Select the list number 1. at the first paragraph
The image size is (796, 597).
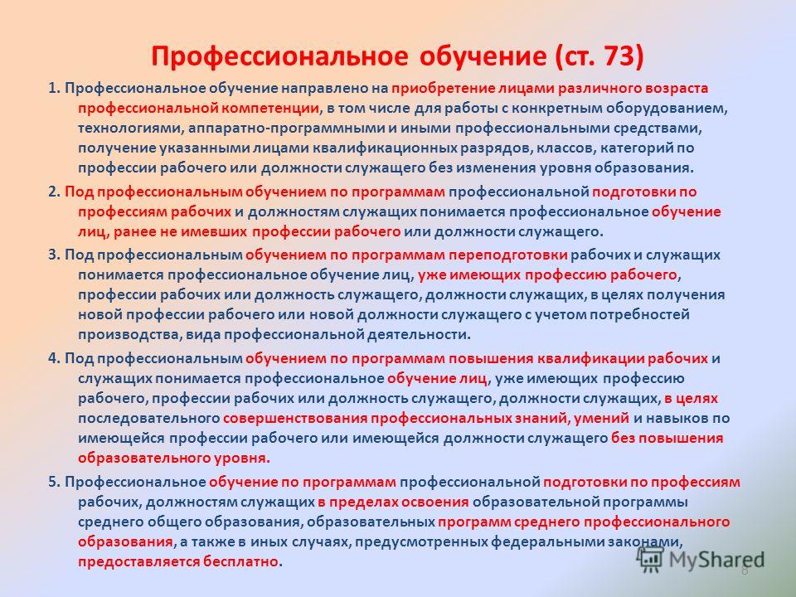click(55, 89)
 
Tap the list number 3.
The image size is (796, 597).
click(55, 255)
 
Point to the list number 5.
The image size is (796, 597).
click(55, 482)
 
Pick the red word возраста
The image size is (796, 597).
click(677, 89)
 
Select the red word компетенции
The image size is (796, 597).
click(272, 109)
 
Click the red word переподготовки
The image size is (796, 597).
click(507, 255)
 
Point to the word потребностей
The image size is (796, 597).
click(639, 315)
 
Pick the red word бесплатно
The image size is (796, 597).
click(241, 562)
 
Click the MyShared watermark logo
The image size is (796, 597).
click(701, 560)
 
